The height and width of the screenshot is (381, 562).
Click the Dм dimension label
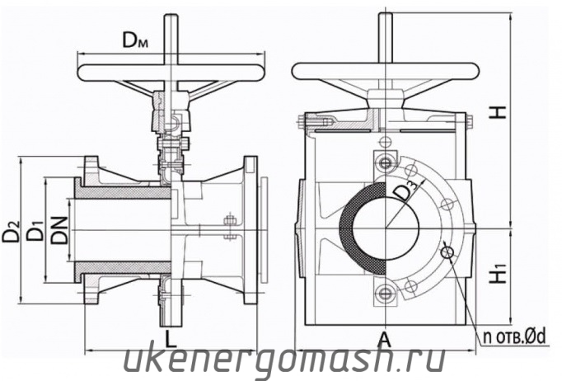tap(135, 40)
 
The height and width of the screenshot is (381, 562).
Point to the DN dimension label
tap(59, 230)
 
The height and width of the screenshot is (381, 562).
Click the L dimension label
tap(171, 339)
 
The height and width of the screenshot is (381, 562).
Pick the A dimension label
tap(385, 339)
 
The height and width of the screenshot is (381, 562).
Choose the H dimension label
tap(499, 112)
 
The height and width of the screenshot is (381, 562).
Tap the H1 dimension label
tap(499, 274)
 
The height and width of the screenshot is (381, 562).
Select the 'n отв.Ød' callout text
tap(514, 336)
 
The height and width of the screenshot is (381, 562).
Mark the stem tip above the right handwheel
tap(386, 15)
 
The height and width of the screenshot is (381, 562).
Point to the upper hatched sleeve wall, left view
tap(122, 193)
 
